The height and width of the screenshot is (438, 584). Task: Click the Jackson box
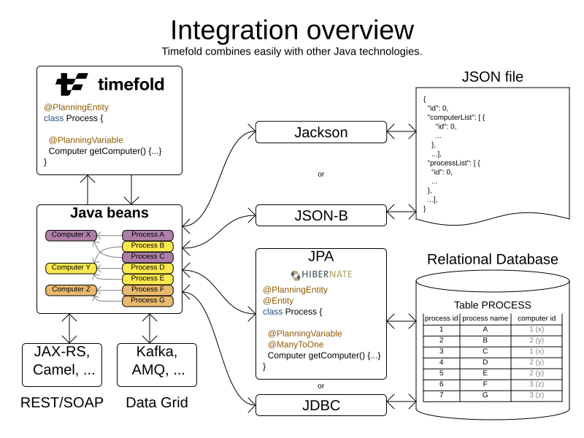(320, 132)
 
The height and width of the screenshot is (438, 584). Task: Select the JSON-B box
(320, 215)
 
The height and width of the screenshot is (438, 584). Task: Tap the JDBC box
(320, 405)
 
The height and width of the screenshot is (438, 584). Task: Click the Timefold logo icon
(72, 84)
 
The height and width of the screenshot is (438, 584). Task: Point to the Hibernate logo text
(321, 275)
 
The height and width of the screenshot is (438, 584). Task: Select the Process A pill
(147, 235)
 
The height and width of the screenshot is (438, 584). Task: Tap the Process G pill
(147, 300)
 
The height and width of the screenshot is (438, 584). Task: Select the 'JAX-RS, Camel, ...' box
(62, 361)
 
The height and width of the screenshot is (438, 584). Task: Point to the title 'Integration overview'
(292, 31)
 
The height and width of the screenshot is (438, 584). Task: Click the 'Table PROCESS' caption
(493, 305)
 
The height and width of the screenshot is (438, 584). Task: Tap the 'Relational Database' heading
(493, 260)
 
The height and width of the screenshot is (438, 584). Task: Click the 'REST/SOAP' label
(62, 402)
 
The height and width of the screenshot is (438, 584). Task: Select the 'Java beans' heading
(109, 214)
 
